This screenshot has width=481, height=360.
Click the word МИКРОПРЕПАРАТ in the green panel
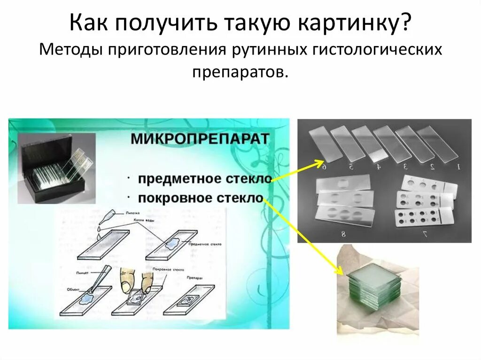pos(200,139)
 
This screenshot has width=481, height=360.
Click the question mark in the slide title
pos(405,23)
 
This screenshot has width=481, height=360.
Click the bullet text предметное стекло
pos(205,179)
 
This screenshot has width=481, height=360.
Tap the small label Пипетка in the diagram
pos(133,213)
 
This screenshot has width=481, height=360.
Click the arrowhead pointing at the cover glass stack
pos(339,272)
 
